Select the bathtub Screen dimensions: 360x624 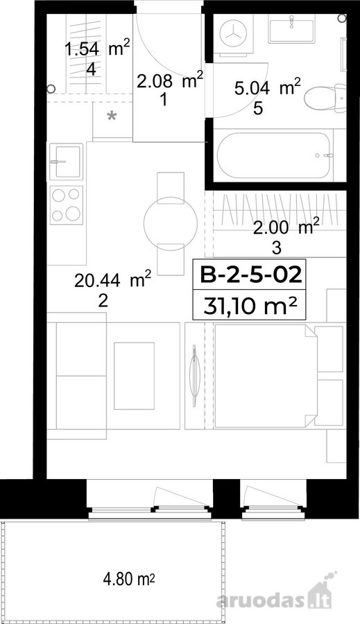[x=274, y=155]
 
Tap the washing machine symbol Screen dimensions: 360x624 [x=233, y=33]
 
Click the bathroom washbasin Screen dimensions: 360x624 [x=291, y=28]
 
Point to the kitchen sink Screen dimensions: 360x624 [x=66, y=161]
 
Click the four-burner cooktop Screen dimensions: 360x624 [x=66, y=205]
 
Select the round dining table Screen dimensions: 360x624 [x=171, y=224]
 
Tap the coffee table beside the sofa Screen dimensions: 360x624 [x=134, y=376]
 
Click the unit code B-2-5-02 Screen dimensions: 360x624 [x=250, y=275]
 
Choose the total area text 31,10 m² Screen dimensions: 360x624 [x=250, y=306]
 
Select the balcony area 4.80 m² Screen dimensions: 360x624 [x=128, y=579]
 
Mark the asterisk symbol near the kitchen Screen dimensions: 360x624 [x=112, y=116]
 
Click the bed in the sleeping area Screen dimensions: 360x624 [x=266, y=376]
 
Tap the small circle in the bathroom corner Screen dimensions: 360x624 [x=342, y=18]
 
